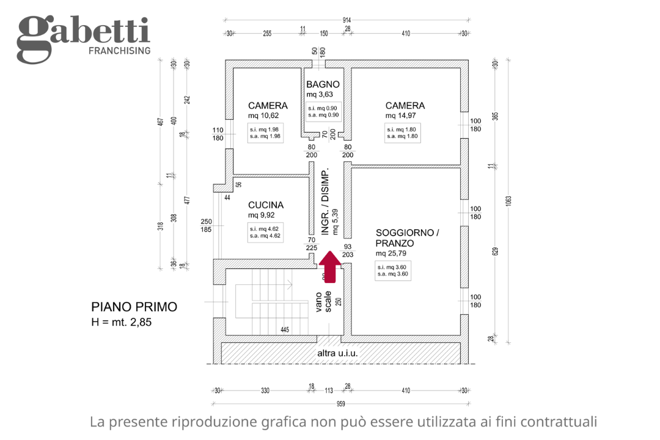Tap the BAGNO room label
323,84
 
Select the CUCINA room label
266,205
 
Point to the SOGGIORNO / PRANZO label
407,238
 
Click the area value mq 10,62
263,116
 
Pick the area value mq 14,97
401,116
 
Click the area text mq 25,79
391,253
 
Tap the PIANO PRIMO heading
134,307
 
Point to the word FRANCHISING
120,51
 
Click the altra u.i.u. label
337,353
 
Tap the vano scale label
323,301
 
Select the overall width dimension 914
347,20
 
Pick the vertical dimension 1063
508,200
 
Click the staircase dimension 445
284,330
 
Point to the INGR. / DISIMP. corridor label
326,202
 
